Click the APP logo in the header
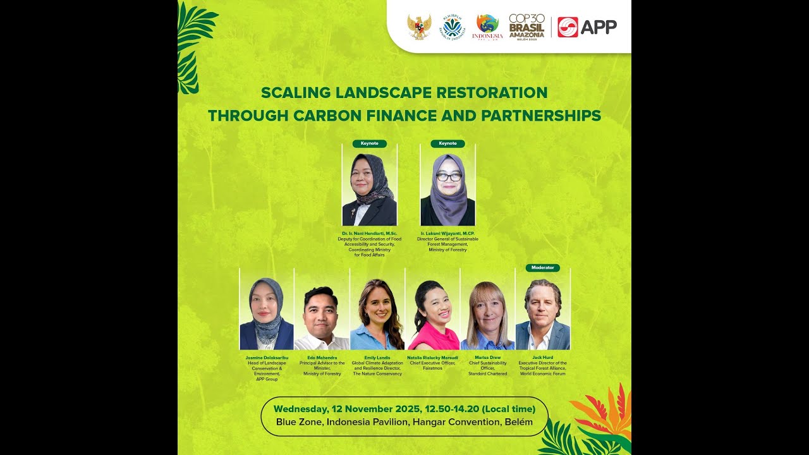587,27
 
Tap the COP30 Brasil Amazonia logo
526,27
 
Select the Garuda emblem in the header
419,27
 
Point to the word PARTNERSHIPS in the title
541,116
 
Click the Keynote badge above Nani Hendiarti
370,143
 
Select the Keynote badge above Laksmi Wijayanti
447,143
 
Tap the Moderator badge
542,267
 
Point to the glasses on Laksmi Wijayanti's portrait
448,177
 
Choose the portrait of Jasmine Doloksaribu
266,313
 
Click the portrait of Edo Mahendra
322,316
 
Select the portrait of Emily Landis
377,313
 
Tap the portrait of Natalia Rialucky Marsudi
433,315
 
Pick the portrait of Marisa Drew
487,315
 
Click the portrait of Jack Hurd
542,313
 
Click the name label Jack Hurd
542,357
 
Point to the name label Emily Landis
377,357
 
